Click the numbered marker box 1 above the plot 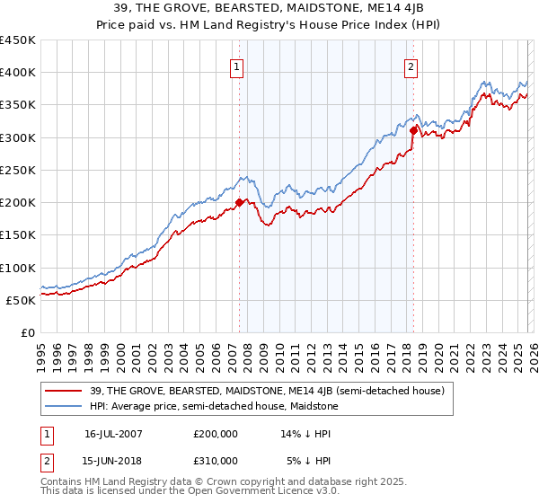237,66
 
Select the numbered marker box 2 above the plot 411,66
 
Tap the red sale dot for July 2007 240,203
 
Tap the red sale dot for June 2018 413,131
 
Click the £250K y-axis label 18,170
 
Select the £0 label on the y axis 27,332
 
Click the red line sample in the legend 65,391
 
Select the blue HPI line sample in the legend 65,406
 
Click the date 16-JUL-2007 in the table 113,434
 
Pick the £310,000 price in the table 216,460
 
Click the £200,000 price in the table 216,434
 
